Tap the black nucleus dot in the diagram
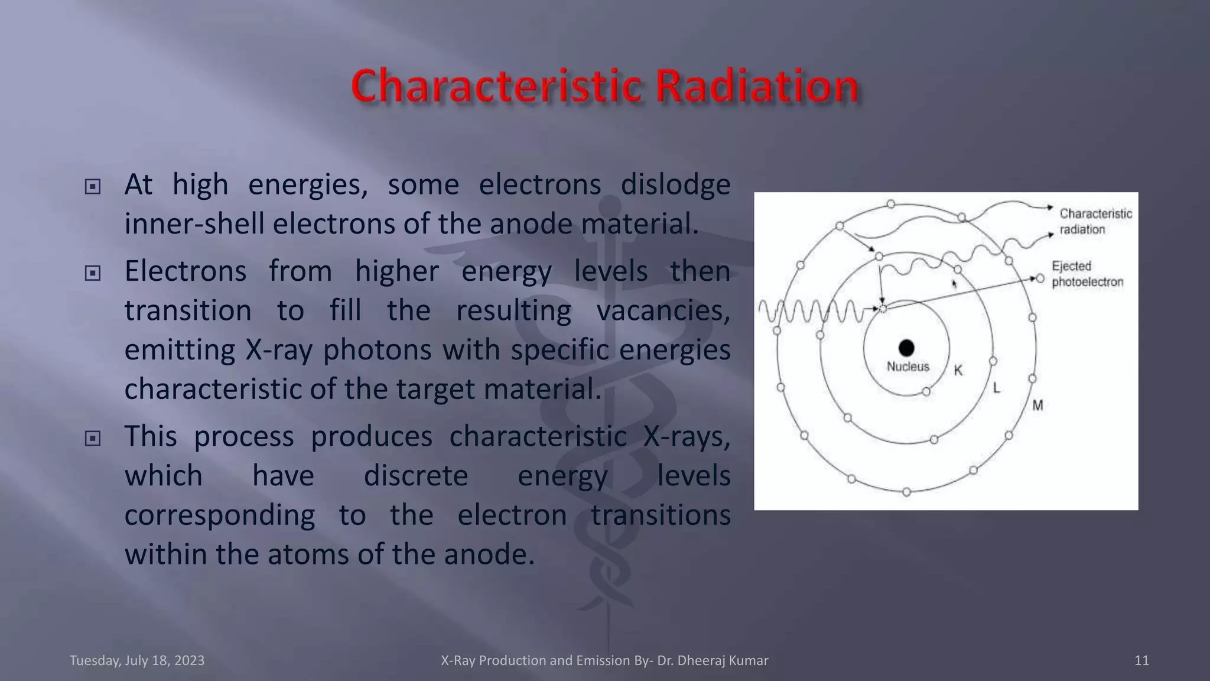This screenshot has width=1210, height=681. [906, 348]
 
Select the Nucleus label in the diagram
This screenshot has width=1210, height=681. [908, 367]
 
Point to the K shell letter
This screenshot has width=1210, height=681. [958, 371]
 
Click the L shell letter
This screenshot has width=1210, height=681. [997, 388]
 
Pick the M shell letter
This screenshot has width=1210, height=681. [1037, 406]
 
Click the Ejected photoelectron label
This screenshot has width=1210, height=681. [1087, 274]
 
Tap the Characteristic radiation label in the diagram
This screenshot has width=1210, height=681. [1095, 222]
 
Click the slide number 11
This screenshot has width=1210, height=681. [1141, 660]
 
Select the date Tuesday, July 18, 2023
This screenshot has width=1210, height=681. [137, 660]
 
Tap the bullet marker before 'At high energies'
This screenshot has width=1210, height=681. [93, 187]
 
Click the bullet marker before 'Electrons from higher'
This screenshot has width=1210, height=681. [93, 273]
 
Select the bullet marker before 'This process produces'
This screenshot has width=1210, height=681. [93, 439]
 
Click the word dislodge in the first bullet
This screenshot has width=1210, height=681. [675, 184]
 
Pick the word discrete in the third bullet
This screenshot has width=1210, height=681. [415, 476]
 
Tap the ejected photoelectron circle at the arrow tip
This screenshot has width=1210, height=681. [1040, 278]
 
